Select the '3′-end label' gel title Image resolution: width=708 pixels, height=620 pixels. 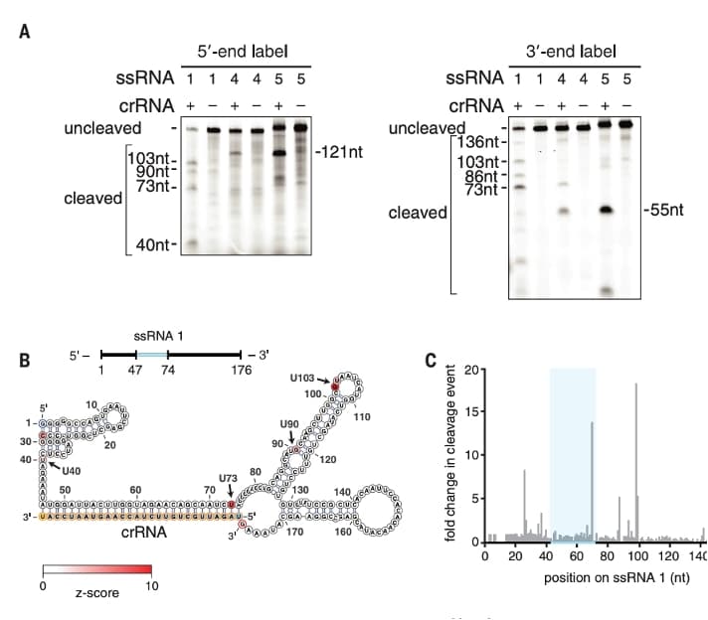pyautogui.click(x=571, y=52)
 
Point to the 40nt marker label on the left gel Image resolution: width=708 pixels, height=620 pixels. pyautogui.click(x=152, y=244)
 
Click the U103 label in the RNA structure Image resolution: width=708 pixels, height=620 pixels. pyautogui.click(x=304, y=378)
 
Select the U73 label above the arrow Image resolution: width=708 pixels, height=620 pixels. pyautogui.click(x=230, y=477)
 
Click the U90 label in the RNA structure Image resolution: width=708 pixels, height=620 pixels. pyautogui.click(x=289, y=424)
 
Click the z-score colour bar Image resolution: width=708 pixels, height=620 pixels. pyautogui.click(x=96, y=570)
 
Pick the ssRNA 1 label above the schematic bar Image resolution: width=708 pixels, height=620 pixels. pyautogui.click(x=165, y=336)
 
